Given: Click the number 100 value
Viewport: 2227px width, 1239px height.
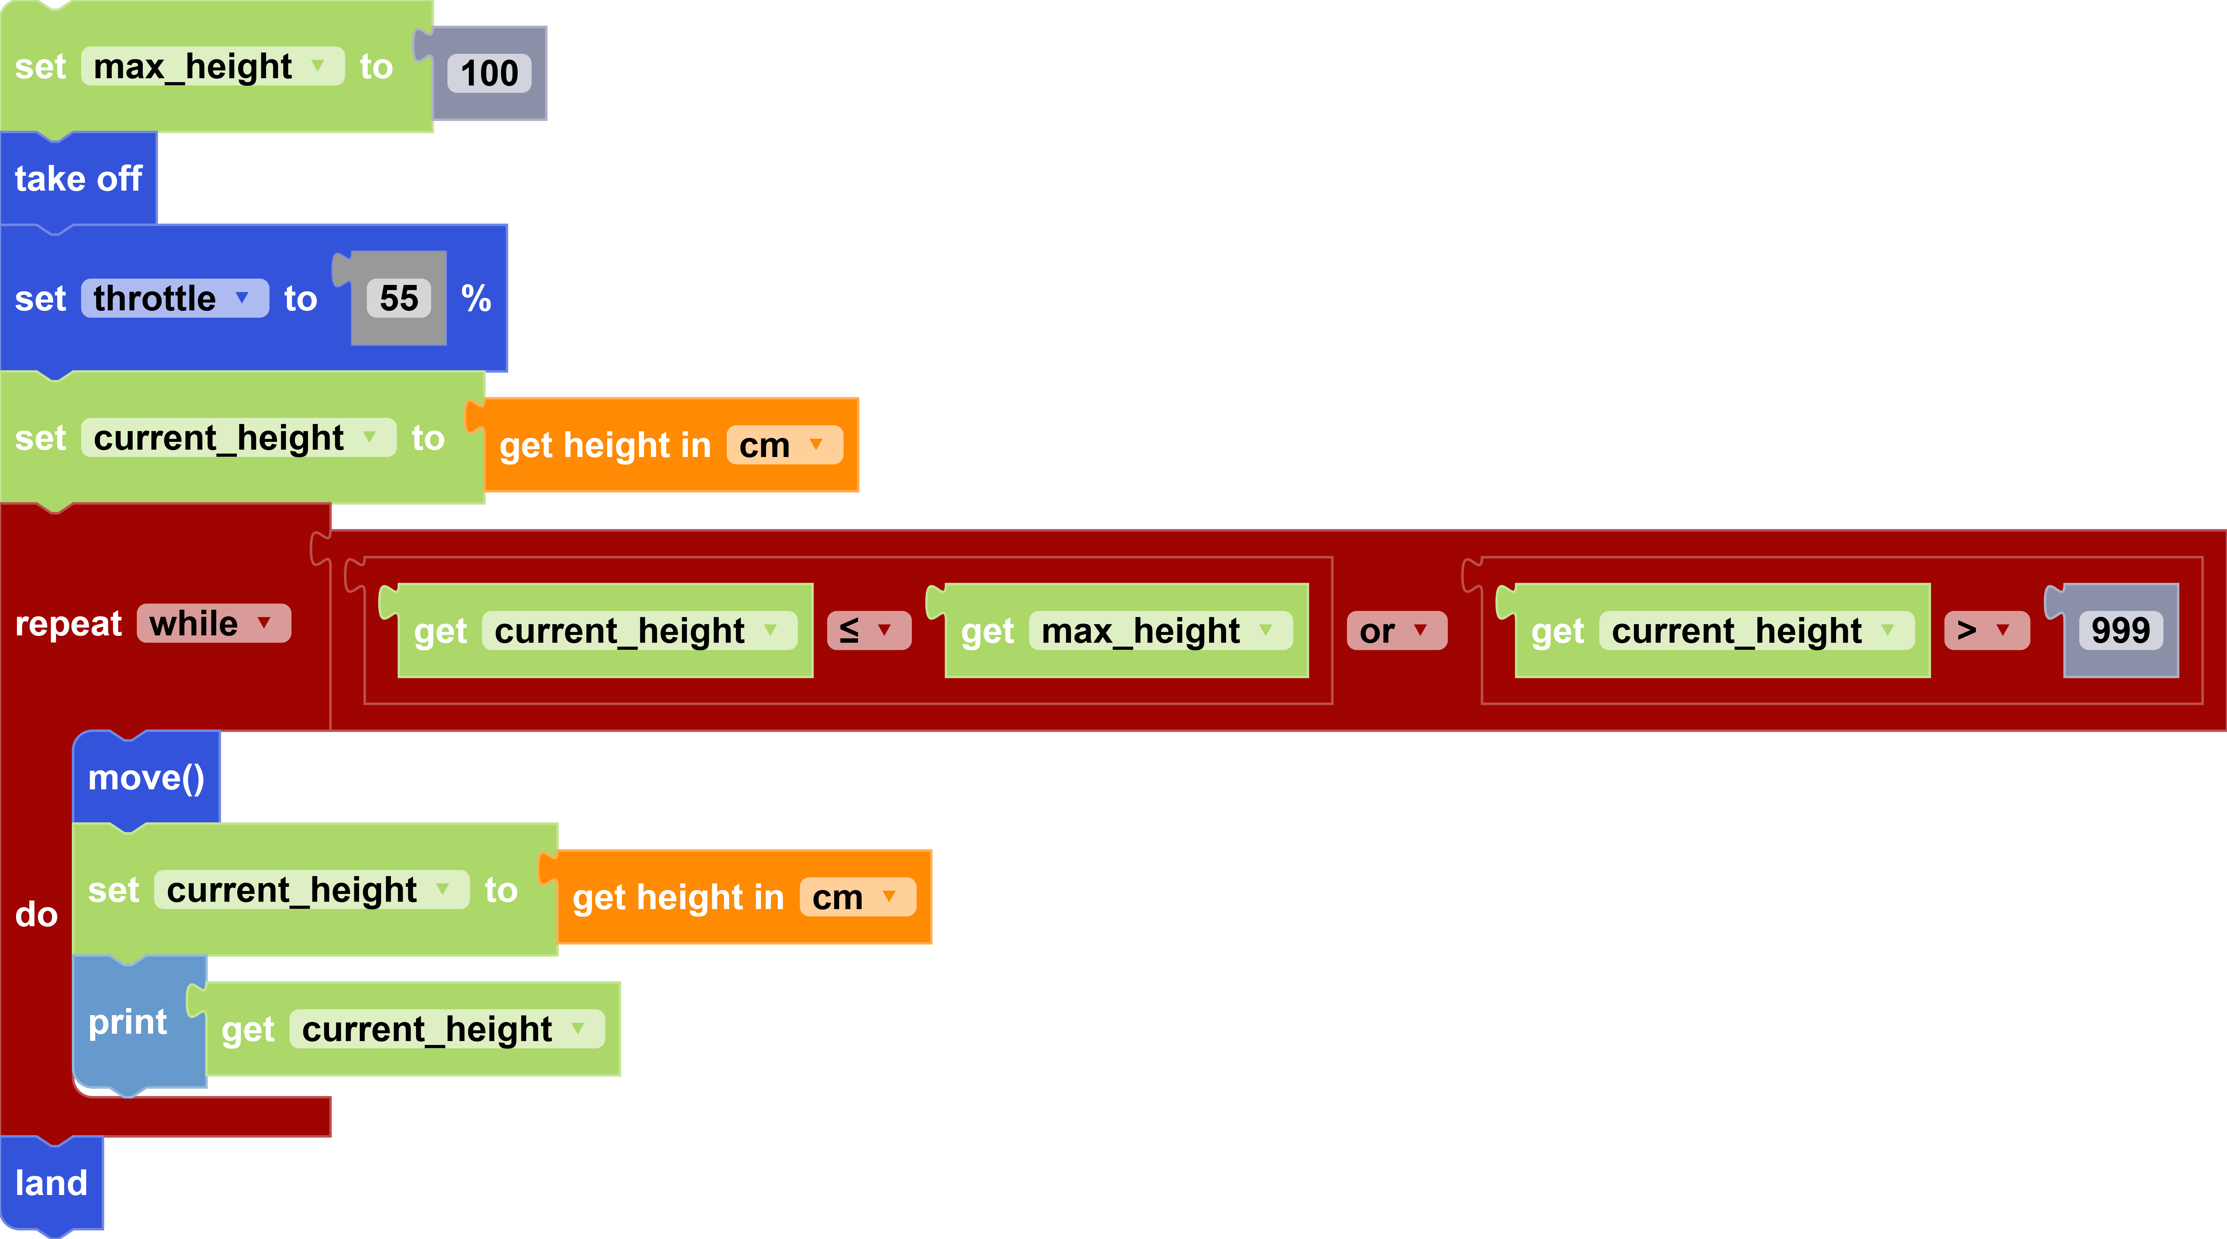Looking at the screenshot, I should pos(489,74).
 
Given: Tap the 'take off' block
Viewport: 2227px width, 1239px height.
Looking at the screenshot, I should pos(78,179).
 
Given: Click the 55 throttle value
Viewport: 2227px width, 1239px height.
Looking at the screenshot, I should pos(399,299).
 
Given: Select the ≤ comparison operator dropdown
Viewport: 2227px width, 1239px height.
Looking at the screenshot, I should pos(868,631).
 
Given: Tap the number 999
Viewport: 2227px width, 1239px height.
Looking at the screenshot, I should pos(2120,631).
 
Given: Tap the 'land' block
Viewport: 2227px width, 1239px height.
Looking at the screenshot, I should pos(51,1183).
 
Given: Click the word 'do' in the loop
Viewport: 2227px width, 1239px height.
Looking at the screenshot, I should pos(36,915).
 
